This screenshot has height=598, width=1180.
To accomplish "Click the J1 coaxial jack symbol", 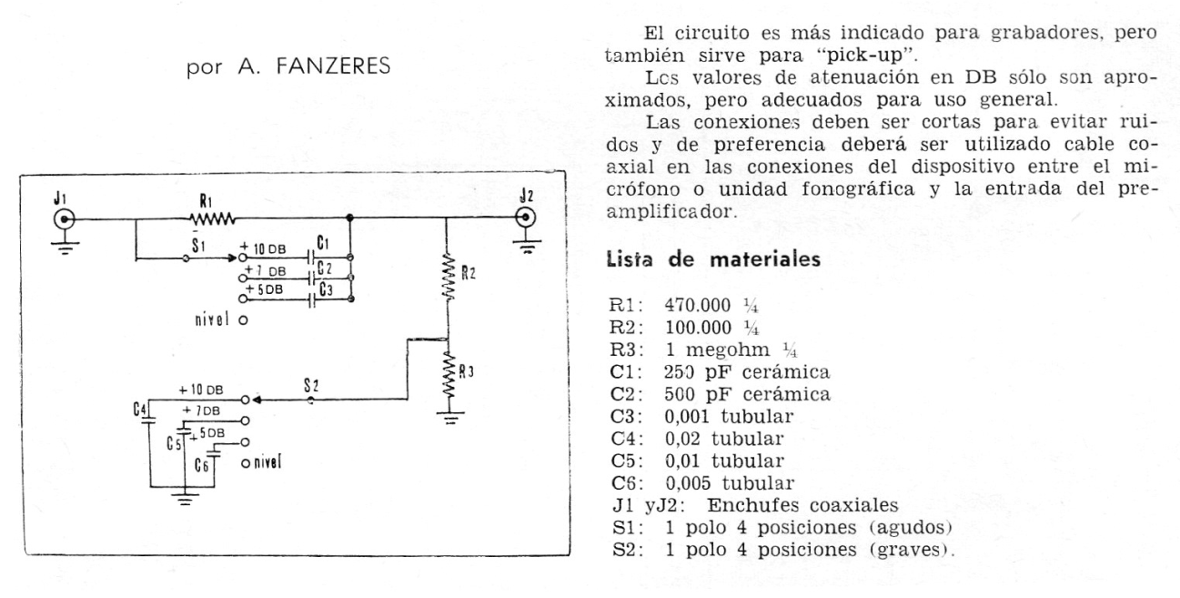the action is pyautogui.click(x=66, y=219).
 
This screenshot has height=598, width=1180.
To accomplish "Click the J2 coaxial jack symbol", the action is pyautogui.click(x=525, y=218).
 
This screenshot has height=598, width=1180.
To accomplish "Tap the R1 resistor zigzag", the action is pyautogui.click(x=212, y=218).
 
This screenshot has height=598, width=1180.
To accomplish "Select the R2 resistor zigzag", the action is pyautogui.click(x=448, y=277).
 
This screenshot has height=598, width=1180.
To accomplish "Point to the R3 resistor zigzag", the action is pyautogui.click(x=449, y=375).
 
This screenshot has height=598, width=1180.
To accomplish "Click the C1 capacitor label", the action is pyautogui.click(x=323, y=242).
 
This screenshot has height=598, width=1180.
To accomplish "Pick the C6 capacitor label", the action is pyautogui.click(x=201, y=465).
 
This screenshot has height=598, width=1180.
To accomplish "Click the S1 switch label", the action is pyautogui.click(x=198, y=245).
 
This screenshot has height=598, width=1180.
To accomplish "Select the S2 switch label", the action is pyautogui.click(x=311, y=386).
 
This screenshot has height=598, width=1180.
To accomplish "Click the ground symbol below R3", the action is pyautogui.click(x=450, y=418).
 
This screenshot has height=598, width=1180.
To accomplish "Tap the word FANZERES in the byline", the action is pyautogui.click(x=333, y=66).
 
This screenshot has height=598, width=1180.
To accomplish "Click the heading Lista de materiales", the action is pyautogui.click(x=714, y=259).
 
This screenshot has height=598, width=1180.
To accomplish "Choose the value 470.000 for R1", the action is pyautogui.click(x=698, y=305).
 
